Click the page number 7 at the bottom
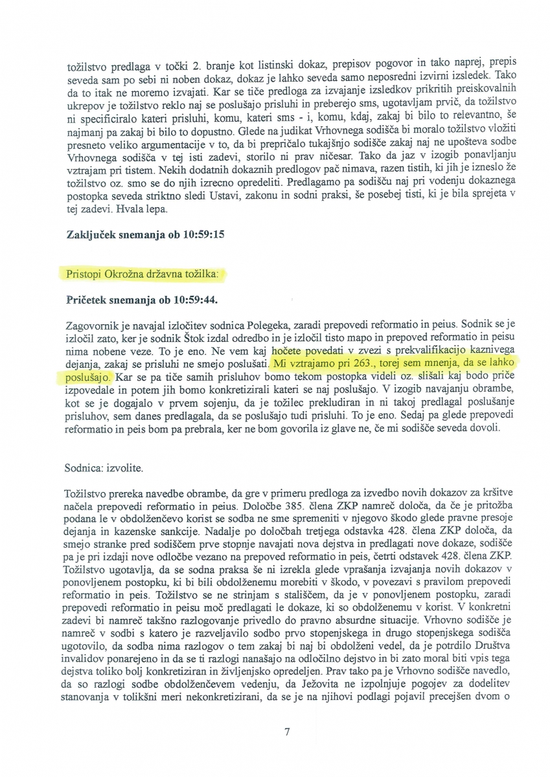point(286,732)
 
